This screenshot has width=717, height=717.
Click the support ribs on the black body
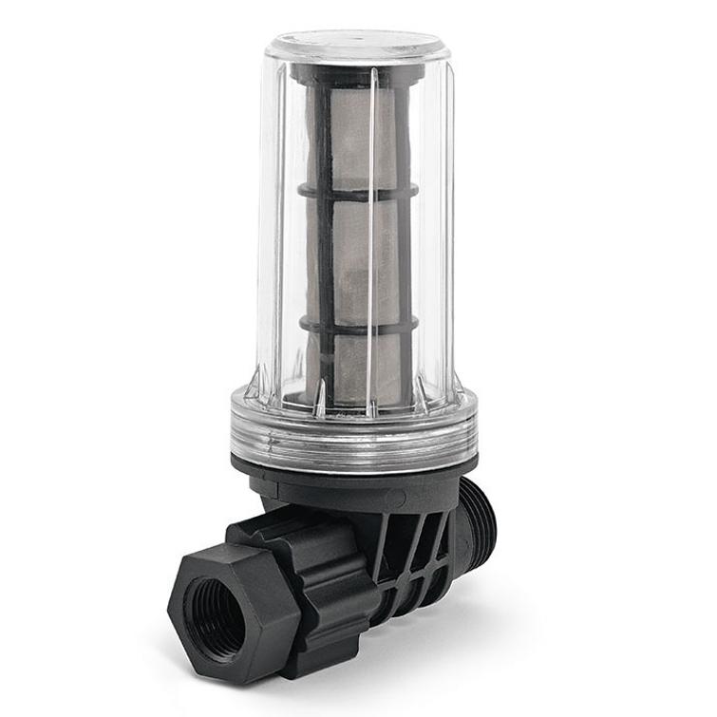click(x=418, y=556)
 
